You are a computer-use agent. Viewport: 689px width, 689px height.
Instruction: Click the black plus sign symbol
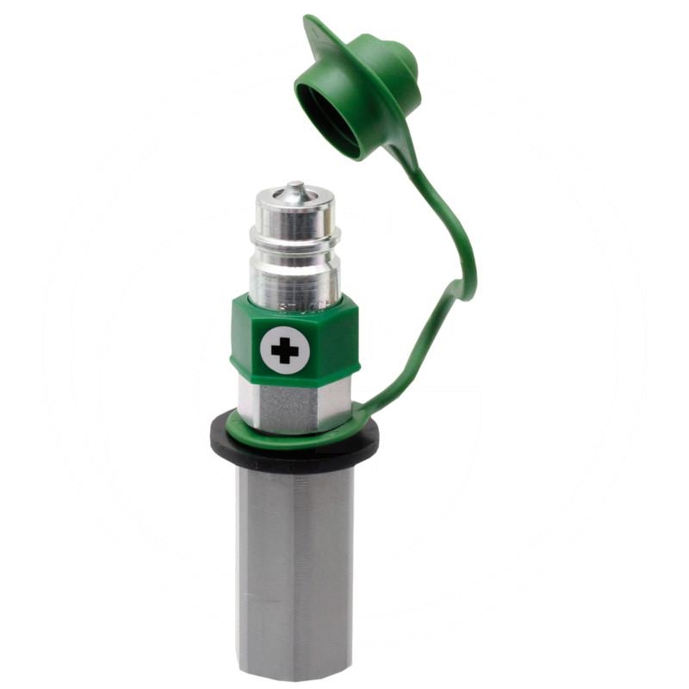click(284, 350)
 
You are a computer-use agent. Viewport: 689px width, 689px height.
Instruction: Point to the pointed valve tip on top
click(295, 186)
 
